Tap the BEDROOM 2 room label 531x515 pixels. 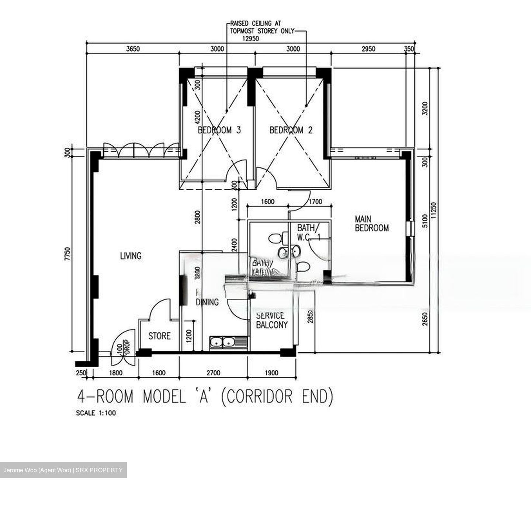[x=291, y=130]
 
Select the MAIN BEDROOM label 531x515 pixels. [x=371, y=224]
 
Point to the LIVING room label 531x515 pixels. [x=131, y=256]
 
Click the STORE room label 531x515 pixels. [x=159, y=336]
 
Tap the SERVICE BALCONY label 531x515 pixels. [x=271, y=320]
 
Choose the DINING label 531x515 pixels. [x=207, y=302]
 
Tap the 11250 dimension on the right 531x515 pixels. [x=434, y=211]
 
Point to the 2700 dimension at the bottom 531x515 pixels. [x=213, y=373]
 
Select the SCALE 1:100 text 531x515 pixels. [x=96, y=413]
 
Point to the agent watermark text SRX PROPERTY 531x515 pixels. [x=99, y=470]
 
